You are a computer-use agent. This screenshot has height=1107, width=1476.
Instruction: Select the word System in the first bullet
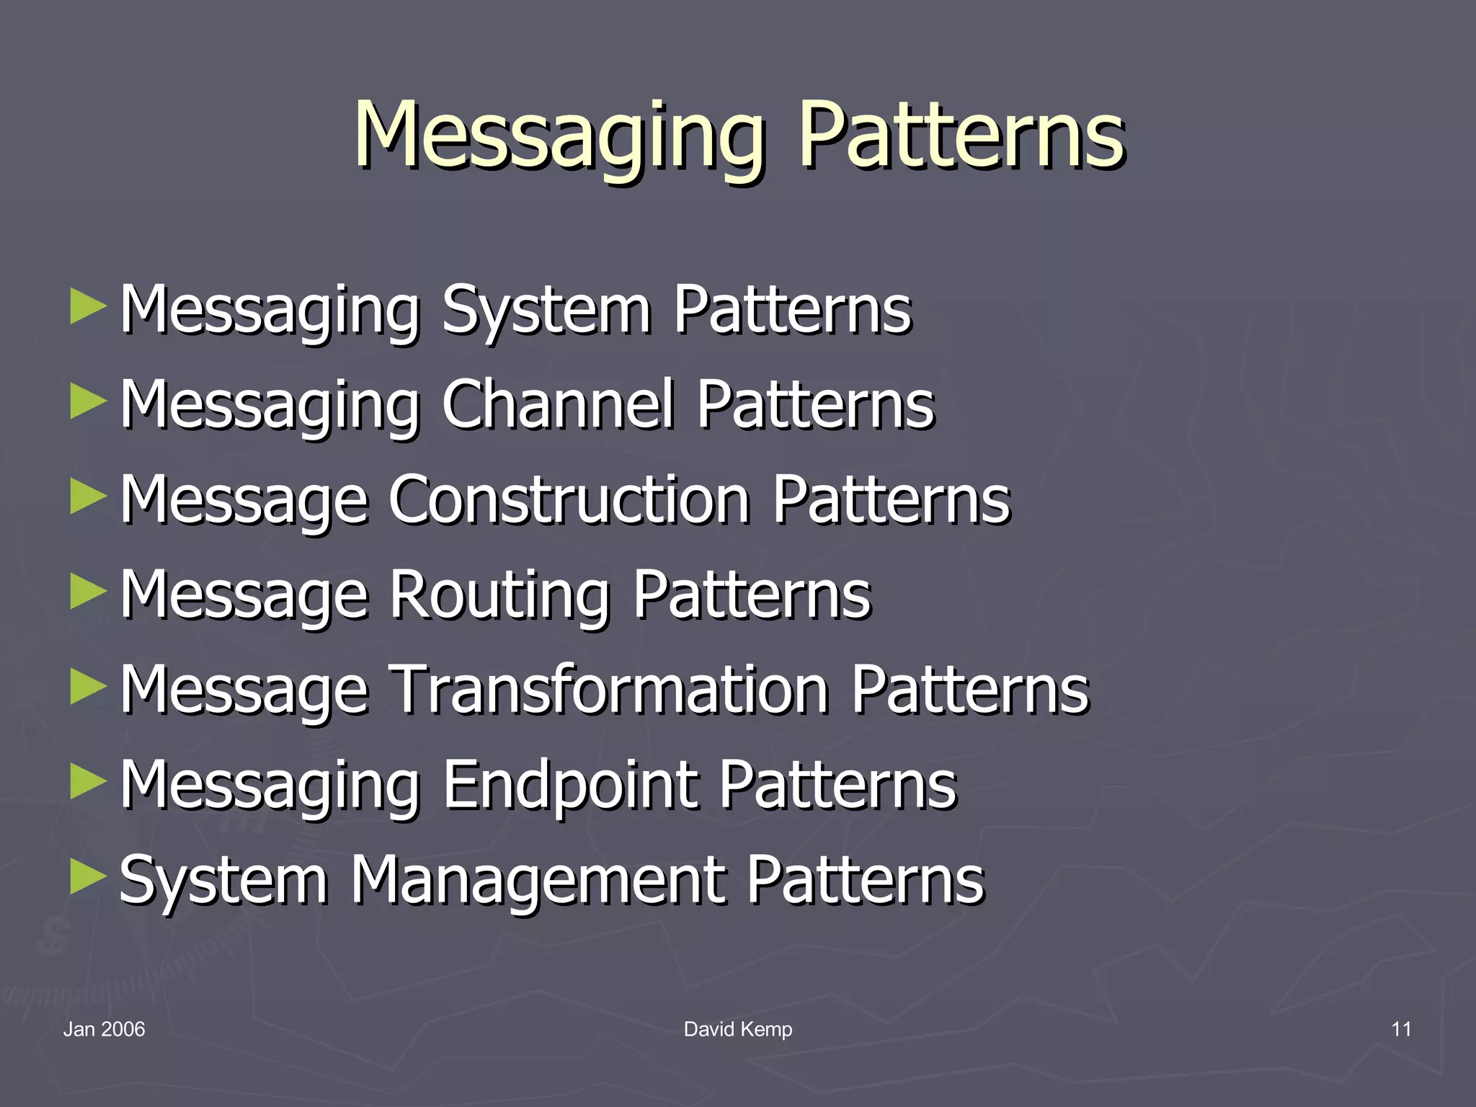[x=546, y=310]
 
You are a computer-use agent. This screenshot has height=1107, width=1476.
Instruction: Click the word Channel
[x=558, y=404]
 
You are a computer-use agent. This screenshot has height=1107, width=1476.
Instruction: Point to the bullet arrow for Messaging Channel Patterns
[x=88, y=402]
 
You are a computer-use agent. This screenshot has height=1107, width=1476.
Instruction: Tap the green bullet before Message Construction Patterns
[x=88, y=497]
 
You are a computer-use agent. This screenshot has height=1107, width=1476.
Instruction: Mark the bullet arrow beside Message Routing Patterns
[x=88, y=592]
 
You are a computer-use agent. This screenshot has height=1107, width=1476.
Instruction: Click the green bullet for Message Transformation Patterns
[x=88, y=688]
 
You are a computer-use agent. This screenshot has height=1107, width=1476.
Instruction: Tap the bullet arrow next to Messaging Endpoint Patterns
[x=88, y=783]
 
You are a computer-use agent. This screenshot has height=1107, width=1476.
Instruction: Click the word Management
[x=536, y=880]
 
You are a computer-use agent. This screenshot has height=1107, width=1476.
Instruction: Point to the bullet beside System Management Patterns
[x=88, y=878]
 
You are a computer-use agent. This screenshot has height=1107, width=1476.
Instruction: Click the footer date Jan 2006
[x=104, y=1029]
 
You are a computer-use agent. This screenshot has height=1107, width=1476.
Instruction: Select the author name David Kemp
[x=738, y=1029]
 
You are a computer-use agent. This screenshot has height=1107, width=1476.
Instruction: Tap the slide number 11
[x=1401, y=1029]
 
